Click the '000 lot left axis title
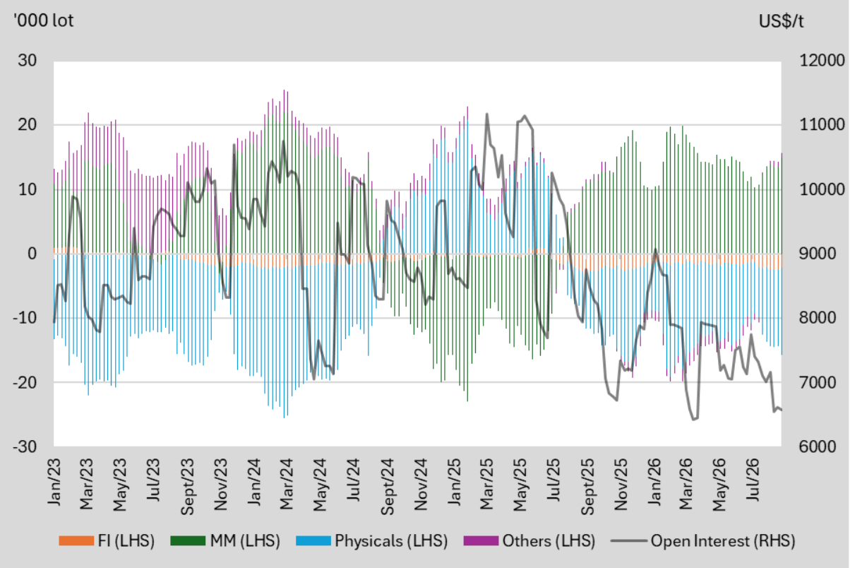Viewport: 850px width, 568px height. pos(43,21)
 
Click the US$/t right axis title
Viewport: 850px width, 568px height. pos(781,22)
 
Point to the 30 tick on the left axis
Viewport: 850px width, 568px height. pos(28,61)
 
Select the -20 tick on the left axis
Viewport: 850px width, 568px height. pos(25,382)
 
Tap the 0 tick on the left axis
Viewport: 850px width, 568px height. pos(32,254)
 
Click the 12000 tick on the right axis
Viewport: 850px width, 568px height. pos(822,61)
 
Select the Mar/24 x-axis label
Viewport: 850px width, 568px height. pos(287,484)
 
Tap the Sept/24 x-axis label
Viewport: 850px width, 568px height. pos(387,487)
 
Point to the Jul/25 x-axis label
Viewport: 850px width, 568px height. pos(553,480)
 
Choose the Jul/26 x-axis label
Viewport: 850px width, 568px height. pos(753,480)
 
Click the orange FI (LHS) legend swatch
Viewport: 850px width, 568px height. pos(76,540)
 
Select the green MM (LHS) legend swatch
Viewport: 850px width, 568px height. pos(188,540)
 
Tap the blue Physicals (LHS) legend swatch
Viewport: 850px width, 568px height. pos(313,540)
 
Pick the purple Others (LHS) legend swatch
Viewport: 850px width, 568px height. pos(481,540)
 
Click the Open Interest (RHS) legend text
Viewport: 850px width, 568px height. pos(723,541)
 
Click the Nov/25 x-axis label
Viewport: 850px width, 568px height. pos(621,485)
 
